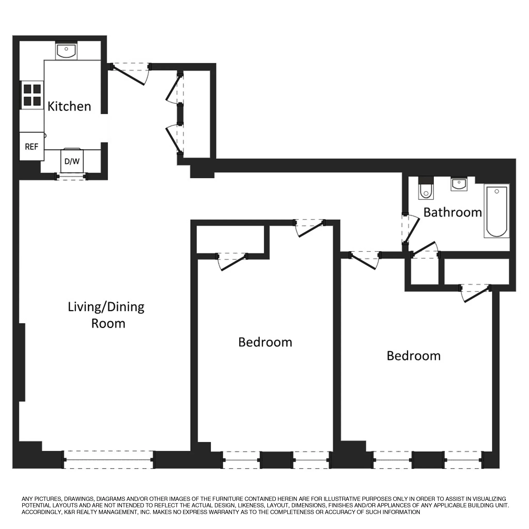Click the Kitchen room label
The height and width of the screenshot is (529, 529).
pos(69,106)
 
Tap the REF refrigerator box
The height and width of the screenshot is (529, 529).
pos(32,147)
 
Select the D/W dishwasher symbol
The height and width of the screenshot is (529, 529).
pos(72,161)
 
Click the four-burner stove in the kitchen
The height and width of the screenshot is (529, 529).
pos(32,95)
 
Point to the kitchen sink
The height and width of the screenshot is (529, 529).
pos(66,51)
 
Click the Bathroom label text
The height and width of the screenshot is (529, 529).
pos(452,213)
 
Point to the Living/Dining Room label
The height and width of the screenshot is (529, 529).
pos(106,315)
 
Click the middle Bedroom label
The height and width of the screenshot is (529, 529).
pos(265,342)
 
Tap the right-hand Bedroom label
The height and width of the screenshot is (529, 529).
pos(414,356)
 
